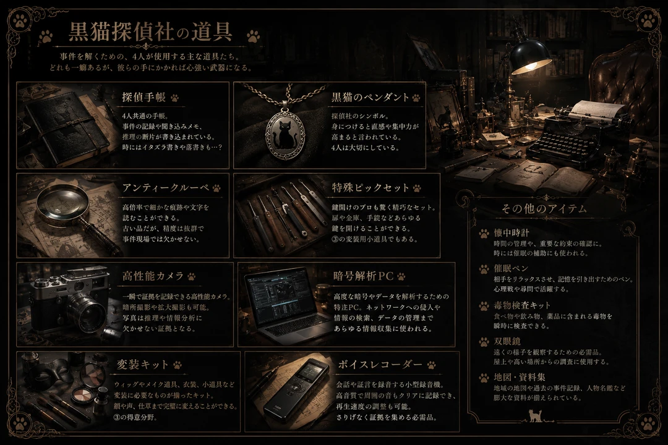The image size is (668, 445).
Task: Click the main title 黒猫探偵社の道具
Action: pos(150,32)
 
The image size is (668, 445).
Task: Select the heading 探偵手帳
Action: pos(143,97)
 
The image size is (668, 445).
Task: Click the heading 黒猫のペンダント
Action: pos(370,97)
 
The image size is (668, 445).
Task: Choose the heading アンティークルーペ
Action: pos(166,188)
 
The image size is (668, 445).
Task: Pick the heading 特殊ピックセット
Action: pos(370,188)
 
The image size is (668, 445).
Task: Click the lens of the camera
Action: pos(87,313)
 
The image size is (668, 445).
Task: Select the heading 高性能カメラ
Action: pos(153,276)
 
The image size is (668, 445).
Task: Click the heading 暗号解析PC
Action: pos(363,276)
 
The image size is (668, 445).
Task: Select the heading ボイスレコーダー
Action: pos(380,365)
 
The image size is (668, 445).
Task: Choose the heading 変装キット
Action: pos(143,365)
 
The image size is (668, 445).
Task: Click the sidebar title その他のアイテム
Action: pos(544,209)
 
